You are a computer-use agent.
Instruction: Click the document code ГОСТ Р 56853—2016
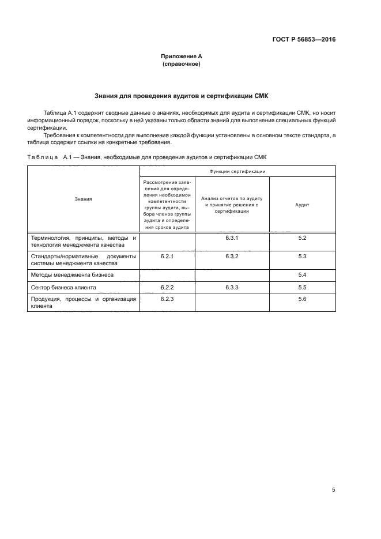coord(304,40)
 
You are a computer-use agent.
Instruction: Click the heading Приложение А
coord(182,56)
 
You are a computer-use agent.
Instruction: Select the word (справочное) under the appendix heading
coord(182,64)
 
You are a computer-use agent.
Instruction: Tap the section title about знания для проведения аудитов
coord(182,95)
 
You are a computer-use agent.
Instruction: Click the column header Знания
coord(83,199)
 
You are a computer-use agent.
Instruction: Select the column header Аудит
coord(302,205)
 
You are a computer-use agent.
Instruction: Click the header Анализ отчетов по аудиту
coord(232,205)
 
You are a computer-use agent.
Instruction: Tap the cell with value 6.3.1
coord(232,238)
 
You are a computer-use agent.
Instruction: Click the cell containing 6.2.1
coord(167,256)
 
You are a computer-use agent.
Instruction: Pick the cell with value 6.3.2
coord(232,256)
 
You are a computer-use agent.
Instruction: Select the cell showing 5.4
coord(302,274)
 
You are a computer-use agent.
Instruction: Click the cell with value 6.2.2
coord(167,287)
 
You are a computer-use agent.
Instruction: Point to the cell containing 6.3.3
coord(232,287)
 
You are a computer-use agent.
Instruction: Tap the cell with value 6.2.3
coord(167,299)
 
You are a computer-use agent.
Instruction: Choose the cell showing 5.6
coord(302,299)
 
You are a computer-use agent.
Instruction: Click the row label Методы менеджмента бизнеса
coord(72,275)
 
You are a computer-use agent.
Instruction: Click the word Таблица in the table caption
coord(42,157)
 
